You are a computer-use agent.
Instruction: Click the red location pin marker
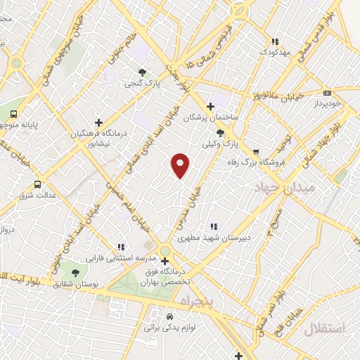click(x=181, y=165)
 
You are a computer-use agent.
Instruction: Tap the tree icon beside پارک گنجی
click(x=143, y=72)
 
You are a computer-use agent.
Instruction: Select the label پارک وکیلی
click(x=217, y=144)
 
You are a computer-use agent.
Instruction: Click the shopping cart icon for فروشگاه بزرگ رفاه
click(x=256, y=150)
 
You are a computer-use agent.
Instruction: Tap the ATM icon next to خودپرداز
click(x=327, y=93)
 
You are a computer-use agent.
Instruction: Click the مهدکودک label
click(x=275, y=52)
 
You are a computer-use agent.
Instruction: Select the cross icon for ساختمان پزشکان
click(x=210, y=106)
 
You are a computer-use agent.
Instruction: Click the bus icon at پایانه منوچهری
click(x=13, y=115)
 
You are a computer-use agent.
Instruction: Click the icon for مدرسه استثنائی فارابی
click(x=122, y=247)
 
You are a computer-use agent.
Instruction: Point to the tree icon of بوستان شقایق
click(x=75, y=273)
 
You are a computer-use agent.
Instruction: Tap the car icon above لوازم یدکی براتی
click(x=169, y=317)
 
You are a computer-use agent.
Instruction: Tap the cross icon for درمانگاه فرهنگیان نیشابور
click(x=98, y=122)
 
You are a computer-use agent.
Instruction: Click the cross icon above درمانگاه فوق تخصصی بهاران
click(x=164, y=262)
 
